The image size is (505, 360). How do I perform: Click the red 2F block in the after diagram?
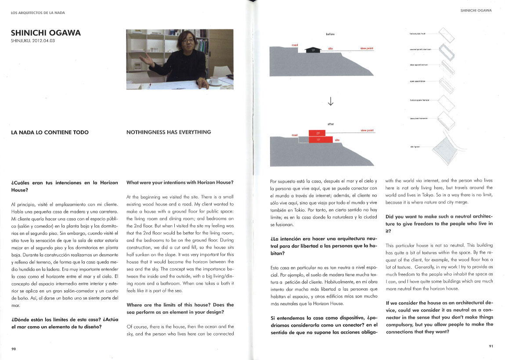click(x=318, y=133)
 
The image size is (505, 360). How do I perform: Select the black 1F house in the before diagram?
click(x=312, y=50)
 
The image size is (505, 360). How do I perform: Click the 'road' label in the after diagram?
click(x=295, y=135)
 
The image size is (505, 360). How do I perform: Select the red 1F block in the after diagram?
click(x=318, y=140)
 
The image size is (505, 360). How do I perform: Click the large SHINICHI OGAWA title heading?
click(x=46, y=33)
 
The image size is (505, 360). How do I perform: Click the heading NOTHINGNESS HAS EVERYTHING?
click(x=169, y=132)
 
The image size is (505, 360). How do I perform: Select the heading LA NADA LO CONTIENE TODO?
click(x=50, y=132)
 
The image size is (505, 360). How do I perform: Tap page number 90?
click(x=14, y=349)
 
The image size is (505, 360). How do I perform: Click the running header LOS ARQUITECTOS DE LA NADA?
click(x=38, y=13)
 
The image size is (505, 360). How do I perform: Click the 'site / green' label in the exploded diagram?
click(x=415, y=147)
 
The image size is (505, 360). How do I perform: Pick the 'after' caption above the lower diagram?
click(x=330, y=124)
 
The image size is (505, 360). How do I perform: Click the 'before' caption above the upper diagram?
click(x=330, y=34)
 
